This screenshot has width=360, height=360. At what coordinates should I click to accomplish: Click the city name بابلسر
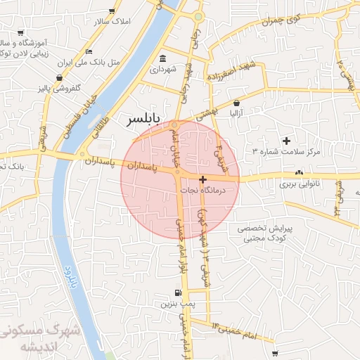[x=143, y=119]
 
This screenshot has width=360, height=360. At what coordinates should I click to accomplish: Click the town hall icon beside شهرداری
[x=163, y=58]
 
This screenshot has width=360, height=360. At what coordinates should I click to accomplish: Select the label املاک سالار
[x=112, y=22]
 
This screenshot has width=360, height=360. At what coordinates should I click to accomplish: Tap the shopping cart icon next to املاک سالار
[x=112, y=11]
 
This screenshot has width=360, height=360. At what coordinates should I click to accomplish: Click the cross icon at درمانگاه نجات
[x=202, y=180]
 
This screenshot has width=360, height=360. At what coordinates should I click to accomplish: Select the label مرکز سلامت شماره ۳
[x=286, y=152]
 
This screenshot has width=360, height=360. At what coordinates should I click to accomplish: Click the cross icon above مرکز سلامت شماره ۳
[x=286, y=141]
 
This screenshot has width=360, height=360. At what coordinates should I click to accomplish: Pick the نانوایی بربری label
[x=300, y=184]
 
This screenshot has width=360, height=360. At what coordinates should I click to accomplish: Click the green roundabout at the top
[x=199, y=16]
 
